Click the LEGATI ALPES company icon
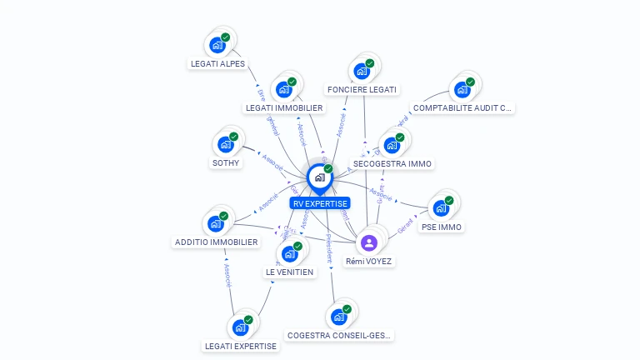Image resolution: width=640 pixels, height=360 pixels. [x=217, y=45]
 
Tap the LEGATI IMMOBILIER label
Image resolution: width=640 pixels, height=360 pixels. [x=284, y=107]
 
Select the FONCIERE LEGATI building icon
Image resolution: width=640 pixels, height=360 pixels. [x=362, y=71]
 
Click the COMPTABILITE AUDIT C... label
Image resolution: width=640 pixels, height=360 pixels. [x=463, y=107]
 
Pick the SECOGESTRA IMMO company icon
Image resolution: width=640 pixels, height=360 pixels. [x=392, y=145]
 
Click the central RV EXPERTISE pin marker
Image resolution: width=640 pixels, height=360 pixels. [x=319, y=177]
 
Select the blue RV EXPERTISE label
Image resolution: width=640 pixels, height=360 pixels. [x=320, y=203]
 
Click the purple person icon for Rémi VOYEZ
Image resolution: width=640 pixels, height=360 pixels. [x=369, y=242]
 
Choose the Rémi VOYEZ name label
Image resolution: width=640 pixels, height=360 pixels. [x=369, y=261]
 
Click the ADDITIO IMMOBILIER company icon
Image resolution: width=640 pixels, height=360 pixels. [x=216, y=223]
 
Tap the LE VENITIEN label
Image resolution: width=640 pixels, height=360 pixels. [x=289, y=272]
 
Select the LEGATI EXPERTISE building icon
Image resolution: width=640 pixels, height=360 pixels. [x=240, y=327]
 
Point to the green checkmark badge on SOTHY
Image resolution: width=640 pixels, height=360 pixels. [x=234, y=136]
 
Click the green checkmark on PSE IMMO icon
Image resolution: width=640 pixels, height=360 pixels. [x=449, y=200]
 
